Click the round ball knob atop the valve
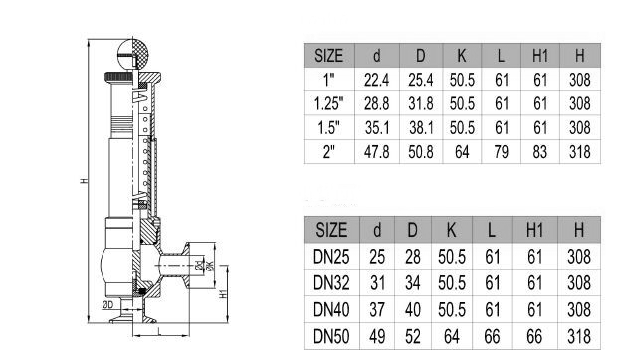pos(132,51)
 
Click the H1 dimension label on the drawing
pos(223,294)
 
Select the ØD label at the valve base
pos(106,306)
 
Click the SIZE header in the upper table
pos(330,56)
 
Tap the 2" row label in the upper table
pos(330,151)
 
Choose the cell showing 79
pos(502,151)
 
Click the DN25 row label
pos(332,257)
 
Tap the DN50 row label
pos(332,334)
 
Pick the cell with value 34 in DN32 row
pos(412,282)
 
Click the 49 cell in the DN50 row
pos(377,334)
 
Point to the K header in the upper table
pos(462,56)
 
